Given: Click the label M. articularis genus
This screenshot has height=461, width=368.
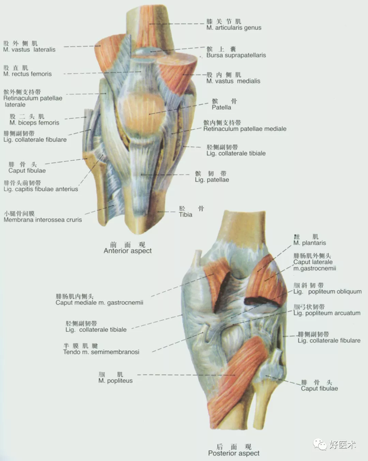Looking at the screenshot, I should point(233,28).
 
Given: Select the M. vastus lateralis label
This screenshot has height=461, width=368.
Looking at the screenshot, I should point(29,50).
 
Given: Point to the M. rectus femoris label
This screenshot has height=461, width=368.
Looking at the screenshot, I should point(27,74).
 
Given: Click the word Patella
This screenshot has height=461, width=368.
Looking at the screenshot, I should point(221,107).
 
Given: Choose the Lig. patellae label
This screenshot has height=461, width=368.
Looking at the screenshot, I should point(212,180).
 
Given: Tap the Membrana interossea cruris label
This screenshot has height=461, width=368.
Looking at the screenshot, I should point(43,219).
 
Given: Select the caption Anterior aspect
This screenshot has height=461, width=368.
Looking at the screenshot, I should point(128,251).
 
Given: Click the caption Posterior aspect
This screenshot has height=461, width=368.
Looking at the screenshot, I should point(233,453).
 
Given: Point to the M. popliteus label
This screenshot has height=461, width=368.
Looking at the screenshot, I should point(115,381).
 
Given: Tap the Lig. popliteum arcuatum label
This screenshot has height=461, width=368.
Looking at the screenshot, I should point(327,313).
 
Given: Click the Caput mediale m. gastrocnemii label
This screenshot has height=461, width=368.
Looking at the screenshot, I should point(99,302).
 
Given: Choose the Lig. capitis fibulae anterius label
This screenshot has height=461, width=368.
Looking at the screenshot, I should point(40,189).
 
